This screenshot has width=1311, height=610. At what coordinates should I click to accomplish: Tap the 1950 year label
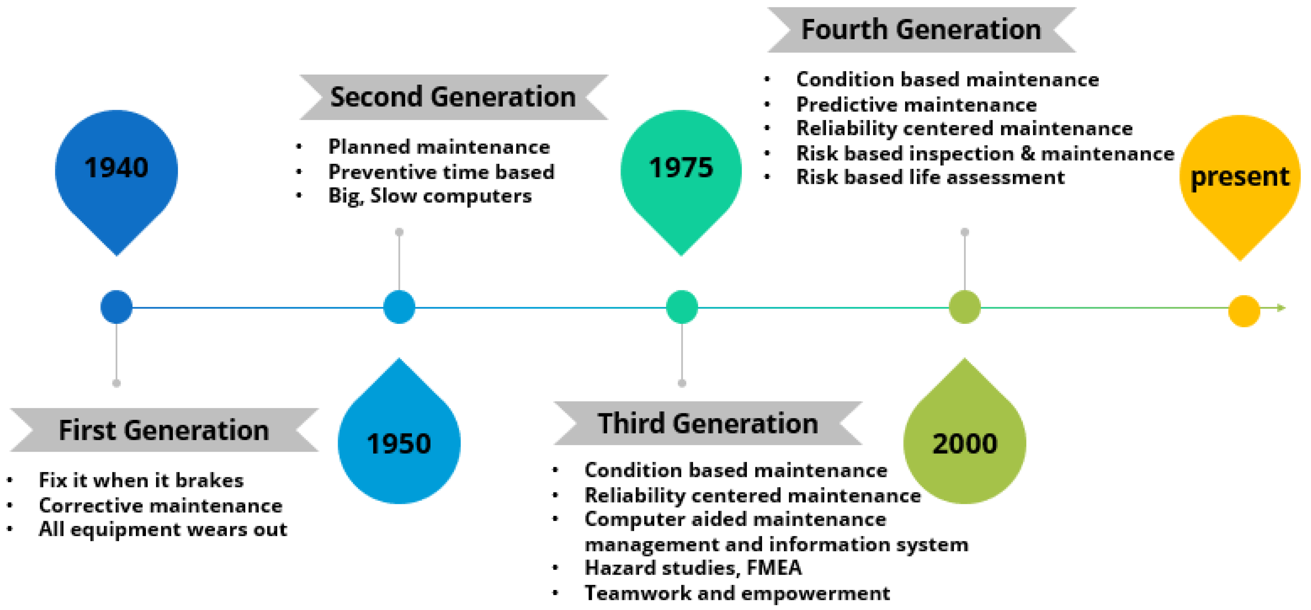399,444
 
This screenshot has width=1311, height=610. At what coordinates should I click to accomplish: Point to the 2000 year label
965,444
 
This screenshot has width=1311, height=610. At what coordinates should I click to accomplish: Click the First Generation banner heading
164,430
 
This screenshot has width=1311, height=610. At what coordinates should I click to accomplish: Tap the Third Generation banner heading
708,424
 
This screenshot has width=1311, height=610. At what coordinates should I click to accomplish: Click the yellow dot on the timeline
1244,311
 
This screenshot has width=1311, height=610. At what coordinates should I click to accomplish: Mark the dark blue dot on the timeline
117,307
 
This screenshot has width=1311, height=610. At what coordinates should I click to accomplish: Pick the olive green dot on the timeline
965,307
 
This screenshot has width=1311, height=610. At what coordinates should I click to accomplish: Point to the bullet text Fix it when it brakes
141,480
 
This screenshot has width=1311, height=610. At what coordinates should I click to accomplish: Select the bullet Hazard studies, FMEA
693,568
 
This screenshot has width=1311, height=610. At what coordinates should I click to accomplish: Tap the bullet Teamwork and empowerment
737,593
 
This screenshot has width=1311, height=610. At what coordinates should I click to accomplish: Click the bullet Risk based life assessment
930,177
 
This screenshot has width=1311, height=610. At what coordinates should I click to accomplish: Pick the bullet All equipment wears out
163,529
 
